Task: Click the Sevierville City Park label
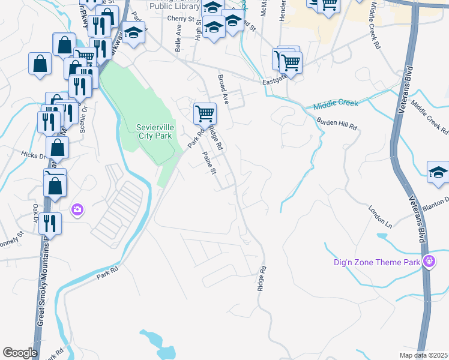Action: click(154, 131)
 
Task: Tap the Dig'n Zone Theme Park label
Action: click(376, 262)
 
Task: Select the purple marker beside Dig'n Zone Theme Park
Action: click(429, 262)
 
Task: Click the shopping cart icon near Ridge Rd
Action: click(205, 113)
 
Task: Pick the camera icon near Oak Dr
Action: click(77, 210)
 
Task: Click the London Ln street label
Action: click(380, 217)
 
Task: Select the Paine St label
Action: click(209, 163)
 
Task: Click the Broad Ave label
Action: click(223, 88)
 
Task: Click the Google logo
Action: click(20, 353)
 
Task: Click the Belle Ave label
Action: click(178, 42)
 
